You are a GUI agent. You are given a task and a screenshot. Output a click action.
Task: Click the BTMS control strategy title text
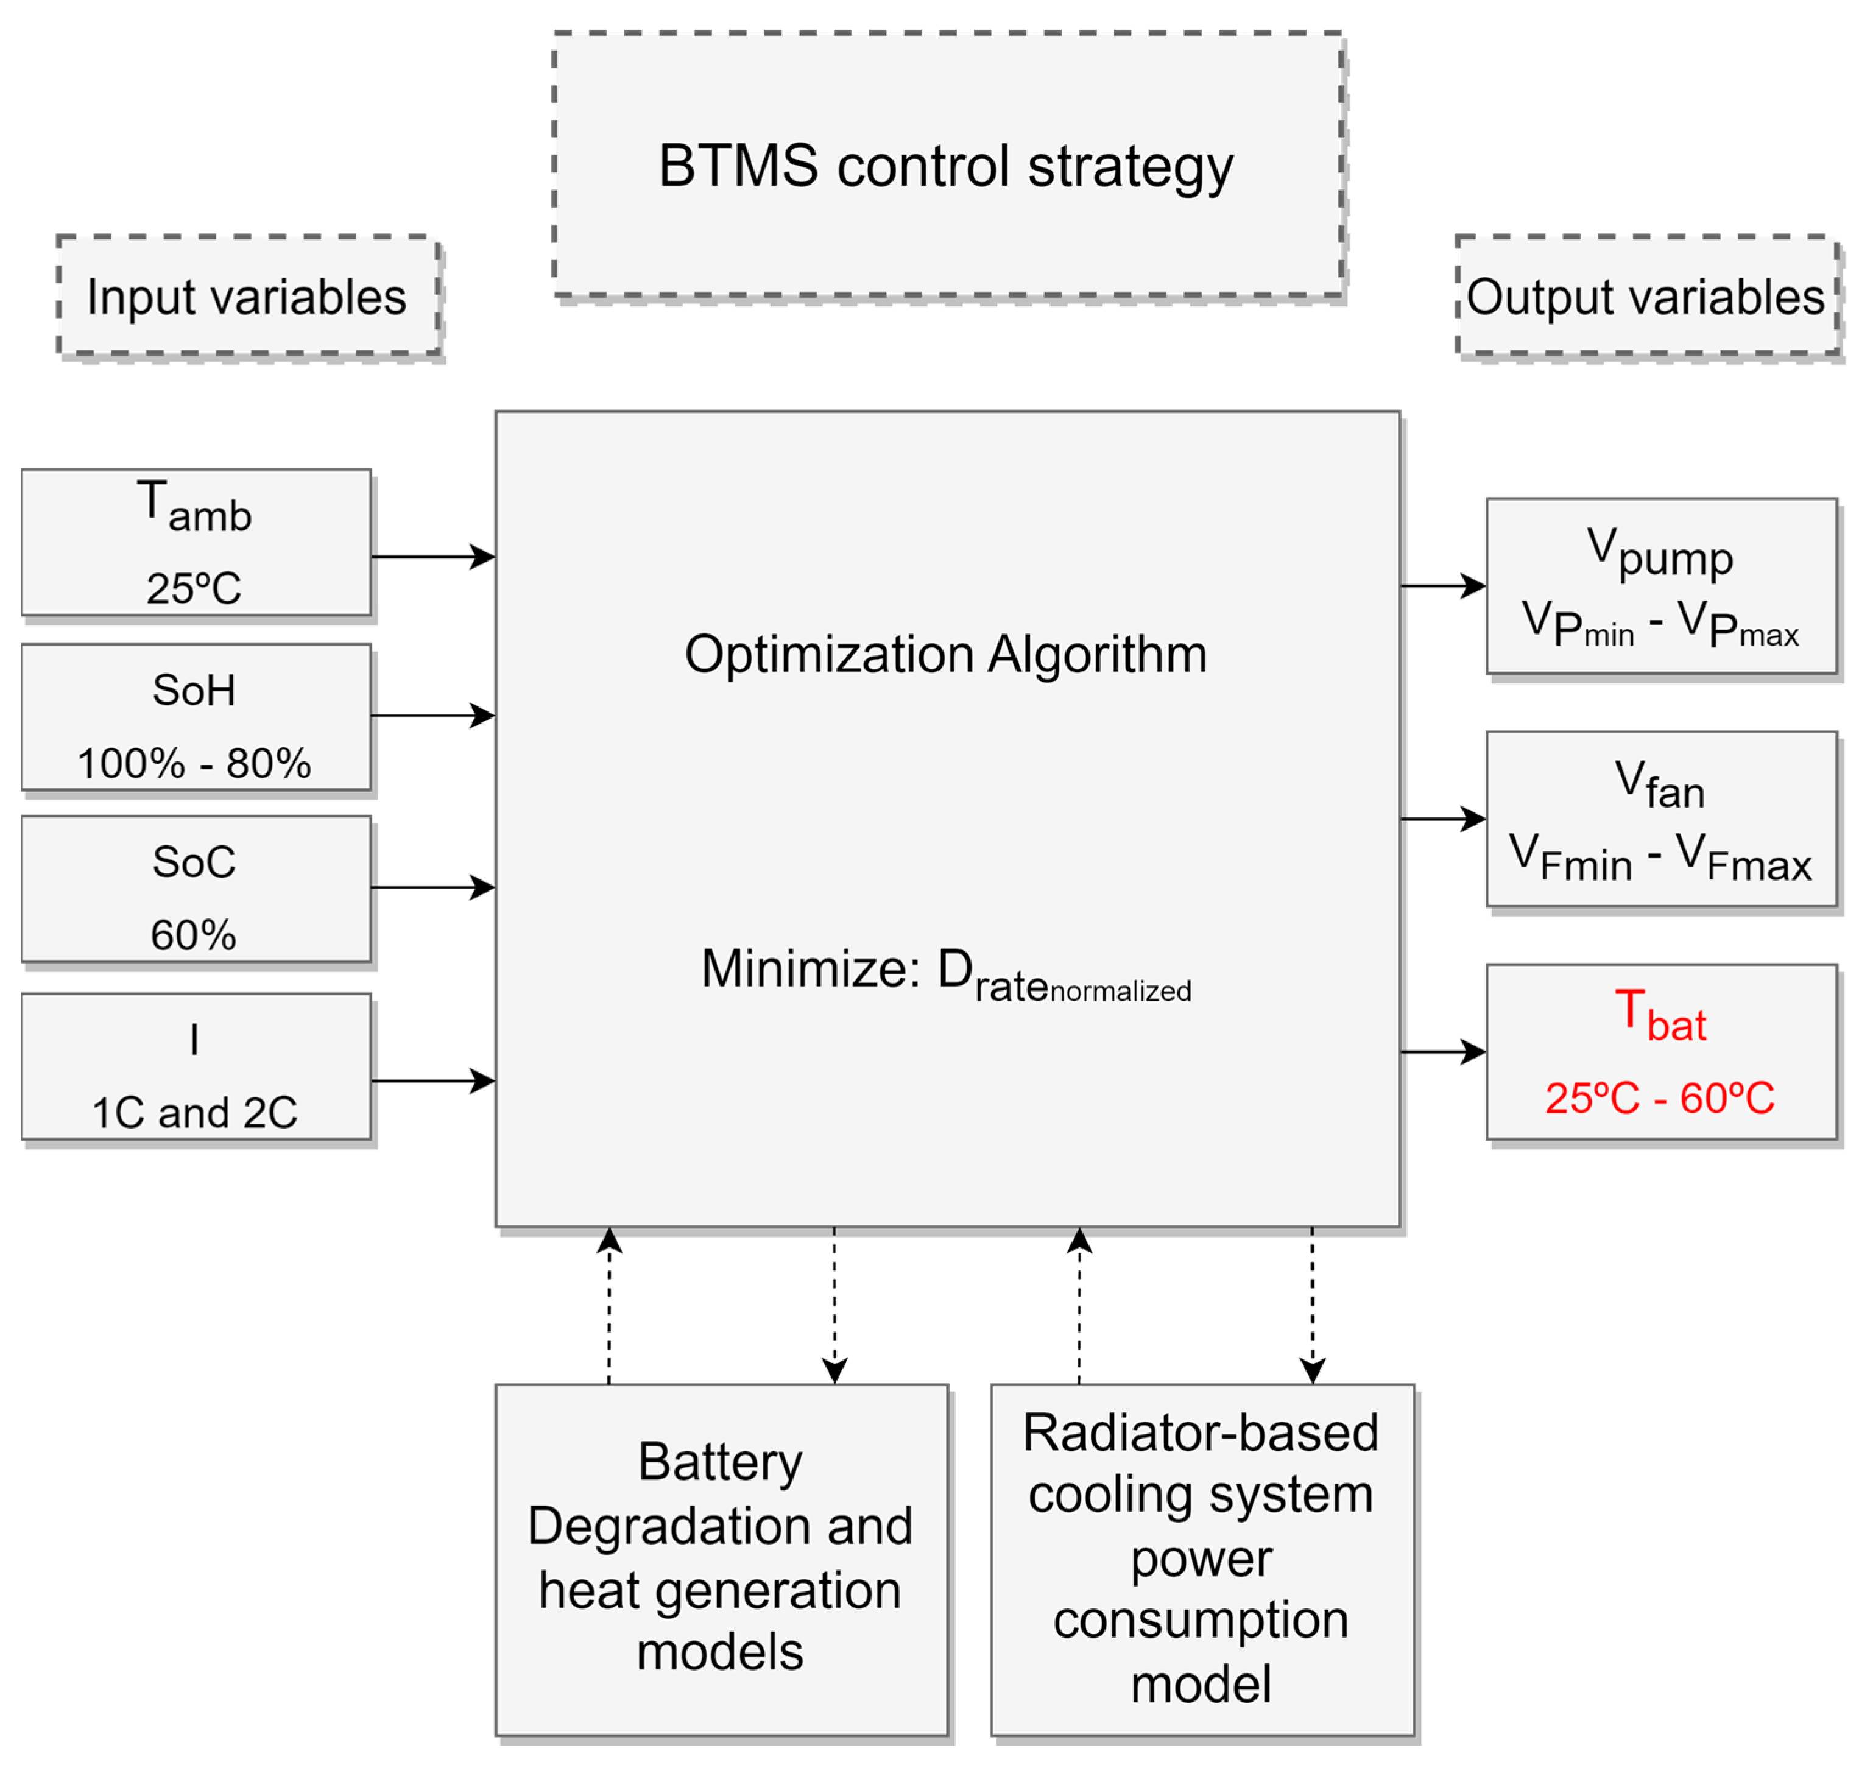[945, 166]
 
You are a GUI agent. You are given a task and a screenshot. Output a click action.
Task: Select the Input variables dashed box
[247, 297]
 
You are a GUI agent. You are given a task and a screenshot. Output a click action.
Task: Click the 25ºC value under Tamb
[194, 588]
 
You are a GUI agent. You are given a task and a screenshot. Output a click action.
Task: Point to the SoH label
[194, 689]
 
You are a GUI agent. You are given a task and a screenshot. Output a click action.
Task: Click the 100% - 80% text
[194, 763]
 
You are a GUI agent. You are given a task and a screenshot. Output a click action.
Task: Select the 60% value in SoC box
[194, 934]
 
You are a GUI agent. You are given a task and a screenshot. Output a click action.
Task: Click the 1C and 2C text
[194, 1112]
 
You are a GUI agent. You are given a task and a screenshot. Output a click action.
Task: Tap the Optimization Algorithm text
[945, 654]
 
